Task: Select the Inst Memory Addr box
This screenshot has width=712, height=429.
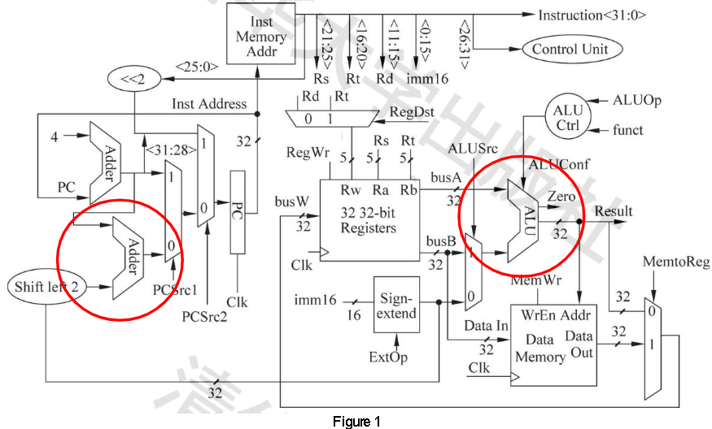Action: point(260,37)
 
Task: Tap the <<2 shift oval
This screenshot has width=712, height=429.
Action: point(133,80)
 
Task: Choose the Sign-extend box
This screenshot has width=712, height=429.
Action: point(397,305)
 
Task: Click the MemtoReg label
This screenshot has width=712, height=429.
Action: point(675,262)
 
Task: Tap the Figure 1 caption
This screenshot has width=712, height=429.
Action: point(356,421)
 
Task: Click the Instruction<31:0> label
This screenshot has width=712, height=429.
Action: point(592,15)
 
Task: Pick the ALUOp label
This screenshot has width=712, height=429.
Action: point(637,100)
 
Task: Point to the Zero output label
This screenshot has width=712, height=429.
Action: point(563,197)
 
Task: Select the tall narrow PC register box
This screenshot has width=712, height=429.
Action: point(238,211)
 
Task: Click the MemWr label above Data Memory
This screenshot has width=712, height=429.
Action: point(531,280)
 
